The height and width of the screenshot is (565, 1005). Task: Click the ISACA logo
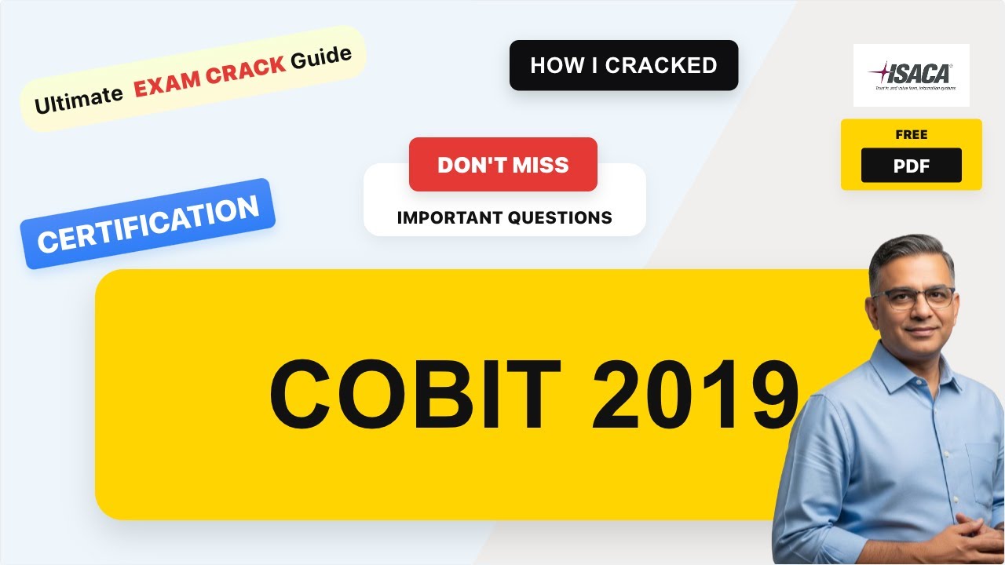(911, 75)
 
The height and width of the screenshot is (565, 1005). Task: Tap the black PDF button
(911, 166)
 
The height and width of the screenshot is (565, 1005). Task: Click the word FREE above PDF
(911, 135)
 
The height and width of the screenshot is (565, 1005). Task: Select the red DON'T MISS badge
(502, 165)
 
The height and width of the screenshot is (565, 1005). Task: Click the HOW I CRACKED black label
(623, 65)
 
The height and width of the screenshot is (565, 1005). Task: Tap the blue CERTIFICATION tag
(148, 224)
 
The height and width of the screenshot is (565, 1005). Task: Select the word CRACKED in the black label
(661, 65)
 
